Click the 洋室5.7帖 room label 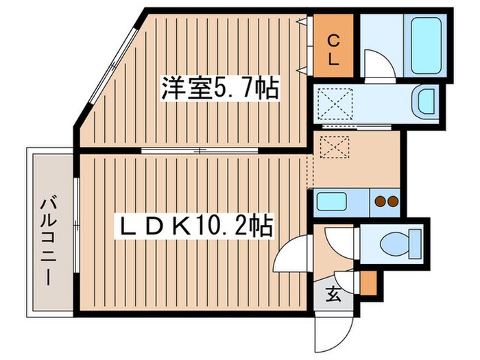click(219, 88)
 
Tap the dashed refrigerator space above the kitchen click(337, 145)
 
